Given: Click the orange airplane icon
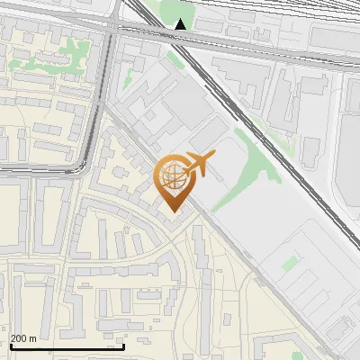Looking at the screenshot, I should coord(199,165).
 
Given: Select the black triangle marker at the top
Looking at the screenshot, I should coord(182,24).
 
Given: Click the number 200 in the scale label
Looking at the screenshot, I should coord(20,338).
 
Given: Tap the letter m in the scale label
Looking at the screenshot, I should coord(33,338).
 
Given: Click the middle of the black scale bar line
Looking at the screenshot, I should coord(67,346).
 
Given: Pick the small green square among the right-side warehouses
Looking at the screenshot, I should coord(289,264).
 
